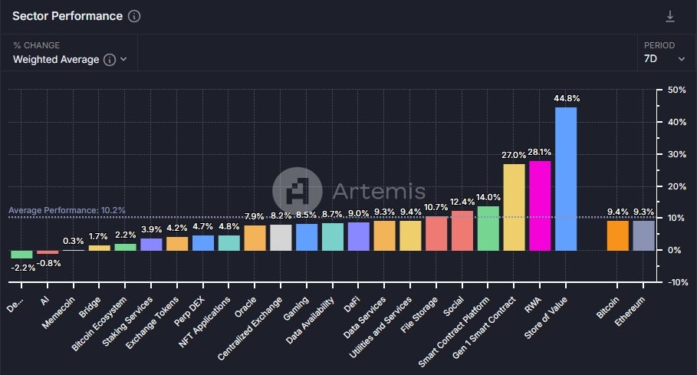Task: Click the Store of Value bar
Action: pos(565,179)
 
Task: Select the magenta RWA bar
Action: pos(540,206)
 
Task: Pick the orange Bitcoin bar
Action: pos(617,235)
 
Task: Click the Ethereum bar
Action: pos(643,235)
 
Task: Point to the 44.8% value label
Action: pos(565,98)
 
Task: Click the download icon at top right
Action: pos(670,16)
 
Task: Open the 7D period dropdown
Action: pos(664,58)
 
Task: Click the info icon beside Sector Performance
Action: pos(134,16)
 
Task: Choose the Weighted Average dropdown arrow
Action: pos(123,59)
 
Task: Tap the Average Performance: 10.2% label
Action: pos(67,210)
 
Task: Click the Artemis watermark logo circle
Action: pos(298,189)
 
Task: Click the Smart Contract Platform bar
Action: pos(488,228)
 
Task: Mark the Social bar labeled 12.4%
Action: pos(462,230)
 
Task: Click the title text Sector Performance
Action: pos(67,16)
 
